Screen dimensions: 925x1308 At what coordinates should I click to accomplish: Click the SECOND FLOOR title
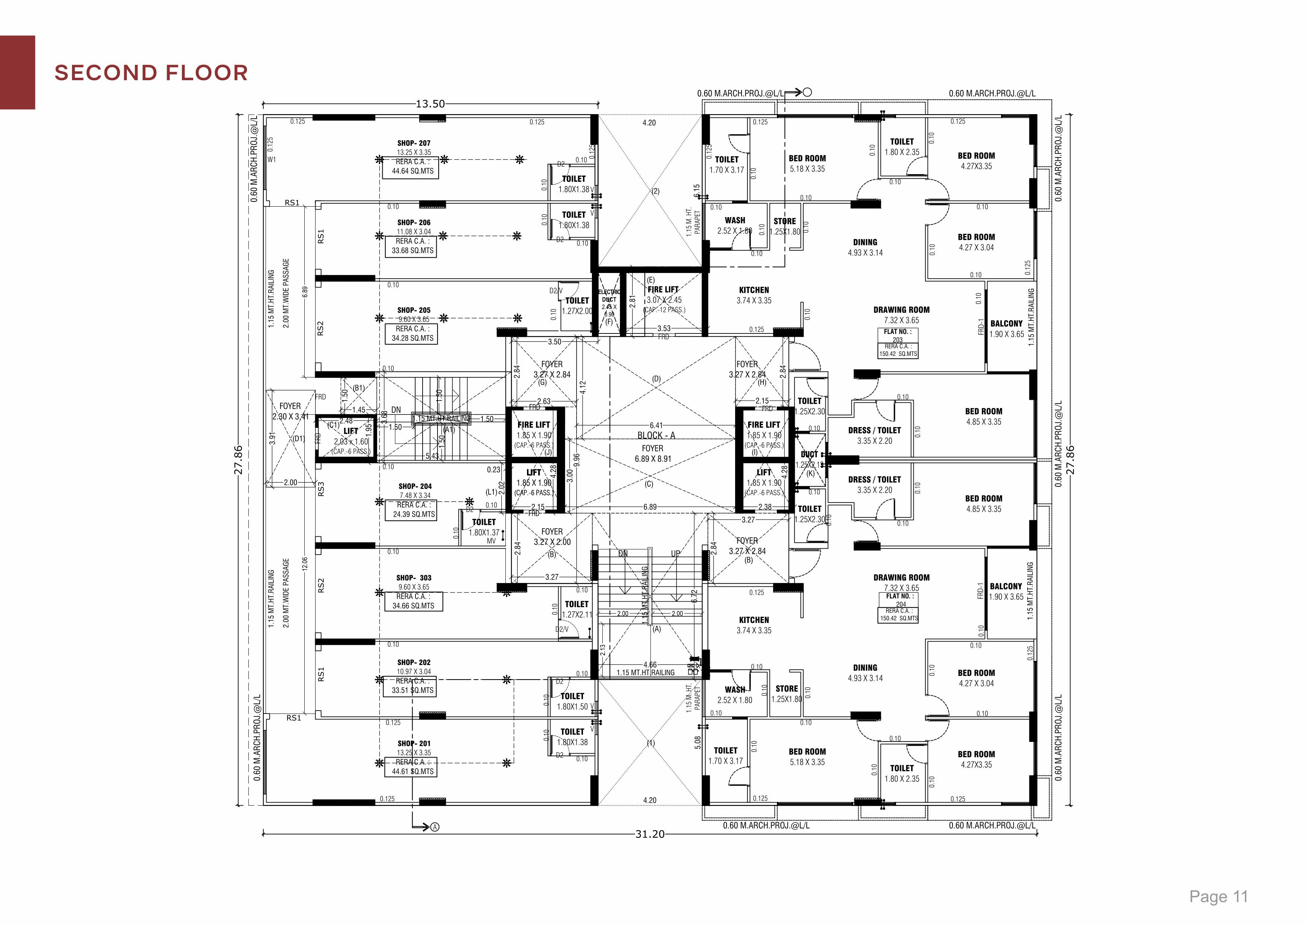[151, 73]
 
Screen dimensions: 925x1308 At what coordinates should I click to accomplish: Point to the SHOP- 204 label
[415, 486]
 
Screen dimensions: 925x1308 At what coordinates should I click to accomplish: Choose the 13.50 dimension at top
[430, 104]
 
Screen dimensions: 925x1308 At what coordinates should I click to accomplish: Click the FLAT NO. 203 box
[898, 343]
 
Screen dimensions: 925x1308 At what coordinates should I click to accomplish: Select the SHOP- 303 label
[414, 577]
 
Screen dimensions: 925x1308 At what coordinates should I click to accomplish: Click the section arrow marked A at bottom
[435, 827]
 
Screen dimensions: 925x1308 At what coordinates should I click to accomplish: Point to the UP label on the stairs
[676, 554]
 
